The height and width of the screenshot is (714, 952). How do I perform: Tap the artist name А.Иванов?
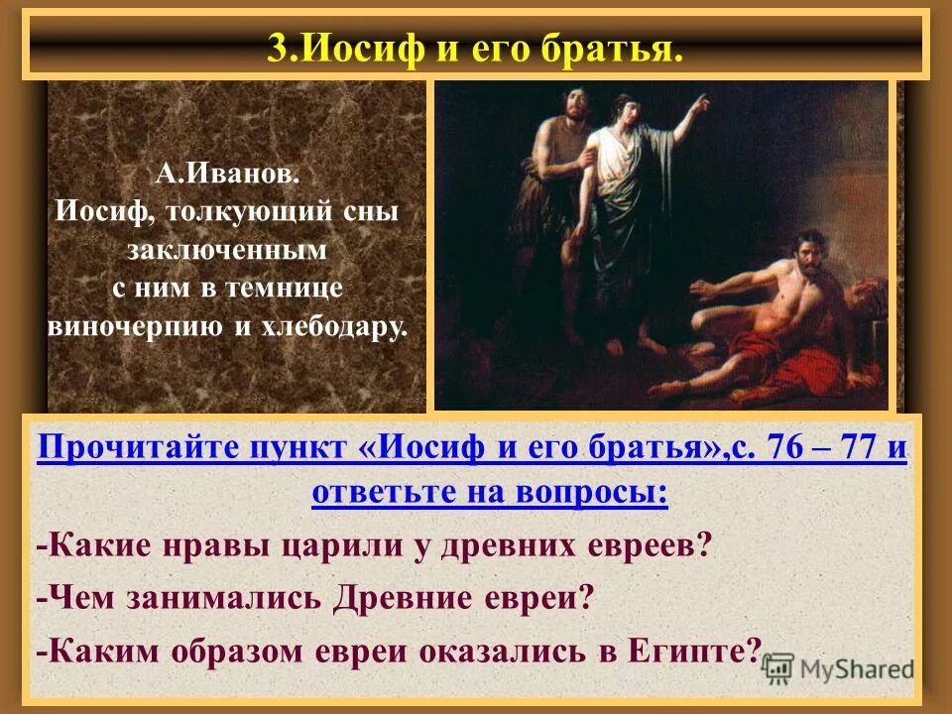click(226, 175)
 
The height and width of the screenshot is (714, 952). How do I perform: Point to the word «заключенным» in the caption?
click(226, 251)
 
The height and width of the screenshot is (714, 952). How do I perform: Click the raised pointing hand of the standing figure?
click(701, 102)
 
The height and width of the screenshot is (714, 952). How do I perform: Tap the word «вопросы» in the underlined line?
click(599, 491)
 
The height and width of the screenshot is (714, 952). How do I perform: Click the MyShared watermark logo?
click(838, 668)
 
